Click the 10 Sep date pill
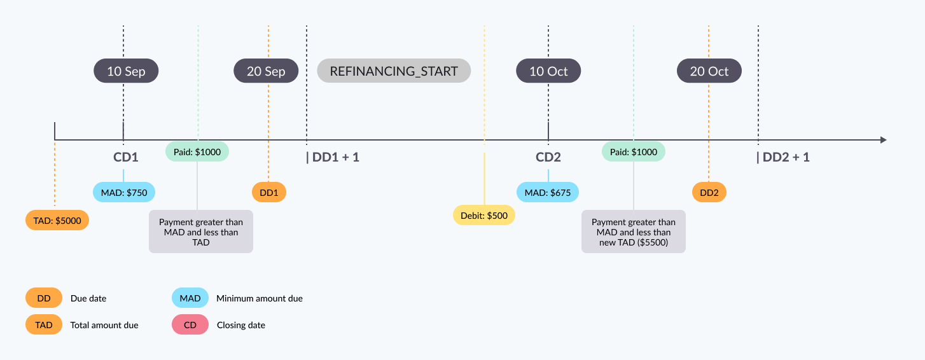click(x=126, y=71)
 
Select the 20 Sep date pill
click(x=266, y=71)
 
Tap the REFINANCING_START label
click(x=394, y=71)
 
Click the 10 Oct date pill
click(x=548, y=71)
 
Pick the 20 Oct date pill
click(x=709, y=71)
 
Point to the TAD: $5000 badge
click(x=57, y=220)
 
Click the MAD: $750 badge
click(x=123, y=192)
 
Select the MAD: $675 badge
click(x=548, y=192)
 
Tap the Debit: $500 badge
click(x=484, y=216)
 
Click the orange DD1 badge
click(x=268, y=192)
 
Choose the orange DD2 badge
click(x=709, y=192)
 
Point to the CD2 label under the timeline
click(x=548, y=157)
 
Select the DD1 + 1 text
click(x=333, y=157)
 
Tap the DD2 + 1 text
click(x=783, y=157)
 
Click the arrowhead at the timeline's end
click(x=882, y=140)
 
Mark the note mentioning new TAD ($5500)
click(x=634, y=232)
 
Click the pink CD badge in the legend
click(x=190, y=325)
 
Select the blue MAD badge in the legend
click(x=190, y=298)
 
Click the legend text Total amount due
click(x=104, y=325)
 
